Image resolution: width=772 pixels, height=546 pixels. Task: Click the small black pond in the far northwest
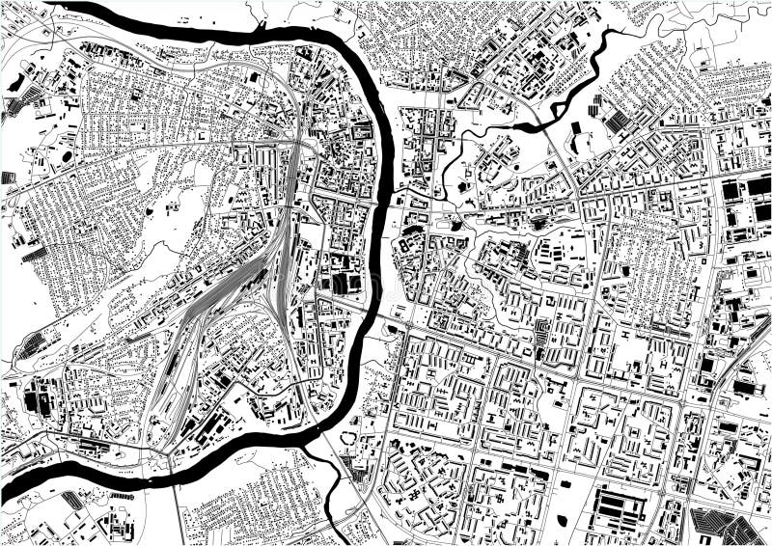tap(17, 83)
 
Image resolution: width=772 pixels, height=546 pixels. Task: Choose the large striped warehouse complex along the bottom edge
tap(619, 505)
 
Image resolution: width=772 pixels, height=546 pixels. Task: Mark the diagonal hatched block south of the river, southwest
tap(72, 501)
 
